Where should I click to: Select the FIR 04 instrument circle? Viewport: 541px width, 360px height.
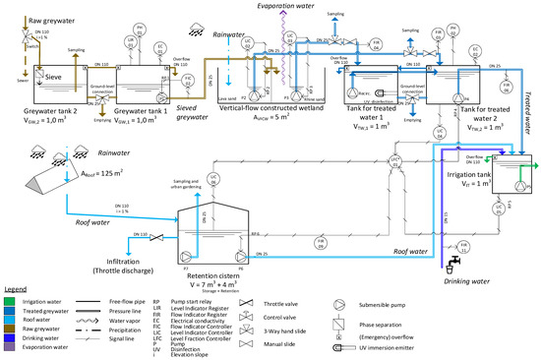pyautogui.click(x=460, y=45)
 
